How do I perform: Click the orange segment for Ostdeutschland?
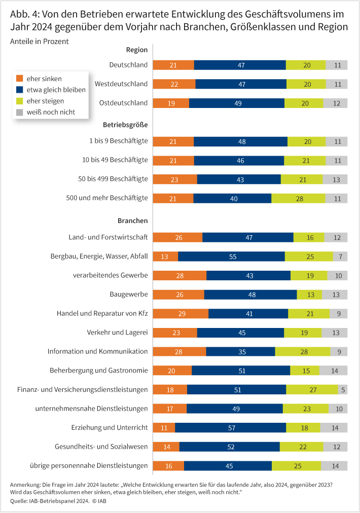(171, 103)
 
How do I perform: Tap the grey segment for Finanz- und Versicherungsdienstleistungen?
(343, 389)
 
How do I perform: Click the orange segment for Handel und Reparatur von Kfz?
(181, 313)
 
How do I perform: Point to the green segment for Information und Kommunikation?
(302, 351)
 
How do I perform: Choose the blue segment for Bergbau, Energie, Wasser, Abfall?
(231, 256)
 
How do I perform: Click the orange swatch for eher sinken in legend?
(20, 79)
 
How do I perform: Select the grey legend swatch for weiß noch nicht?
(20, 112)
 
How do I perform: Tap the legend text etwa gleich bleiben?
(56, 90)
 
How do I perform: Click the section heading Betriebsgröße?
(125, 123)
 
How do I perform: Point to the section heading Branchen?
(132, 221)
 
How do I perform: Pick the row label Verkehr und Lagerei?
(117, 332)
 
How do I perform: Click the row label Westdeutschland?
(121, 84)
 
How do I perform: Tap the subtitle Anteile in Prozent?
(39, 41)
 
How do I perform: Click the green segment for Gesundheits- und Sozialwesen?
(301, 447)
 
